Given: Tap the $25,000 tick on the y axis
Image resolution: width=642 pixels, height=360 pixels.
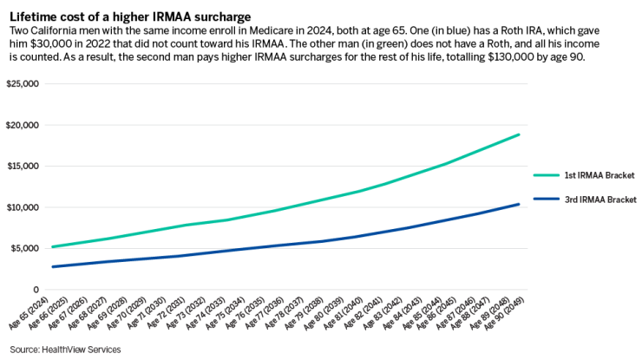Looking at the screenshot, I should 23,84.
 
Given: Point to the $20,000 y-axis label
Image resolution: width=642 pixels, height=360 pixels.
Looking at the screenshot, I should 23,125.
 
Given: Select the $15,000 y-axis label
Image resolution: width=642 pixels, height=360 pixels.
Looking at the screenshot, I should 23,167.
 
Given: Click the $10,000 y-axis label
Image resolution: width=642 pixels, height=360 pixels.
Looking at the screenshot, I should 23,207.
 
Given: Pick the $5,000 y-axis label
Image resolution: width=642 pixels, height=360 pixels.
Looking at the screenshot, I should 26,249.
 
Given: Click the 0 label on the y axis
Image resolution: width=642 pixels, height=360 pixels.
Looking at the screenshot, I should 36,290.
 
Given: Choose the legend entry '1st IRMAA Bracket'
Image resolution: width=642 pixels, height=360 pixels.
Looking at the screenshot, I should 601,174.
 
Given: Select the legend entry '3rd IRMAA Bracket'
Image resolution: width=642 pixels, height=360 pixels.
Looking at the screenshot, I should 601,200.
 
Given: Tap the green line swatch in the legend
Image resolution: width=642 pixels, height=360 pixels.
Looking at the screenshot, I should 547,174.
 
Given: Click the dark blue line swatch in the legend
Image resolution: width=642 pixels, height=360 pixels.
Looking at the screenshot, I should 547,200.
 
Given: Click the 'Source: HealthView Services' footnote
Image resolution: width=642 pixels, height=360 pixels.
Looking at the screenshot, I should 65,349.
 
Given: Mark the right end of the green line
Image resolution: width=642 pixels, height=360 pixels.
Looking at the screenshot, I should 519,134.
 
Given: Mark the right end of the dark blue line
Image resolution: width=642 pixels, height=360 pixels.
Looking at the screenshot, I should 519,204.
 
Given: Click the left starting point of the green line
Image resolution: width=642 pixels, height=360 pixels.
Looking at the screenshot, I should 52,247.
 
